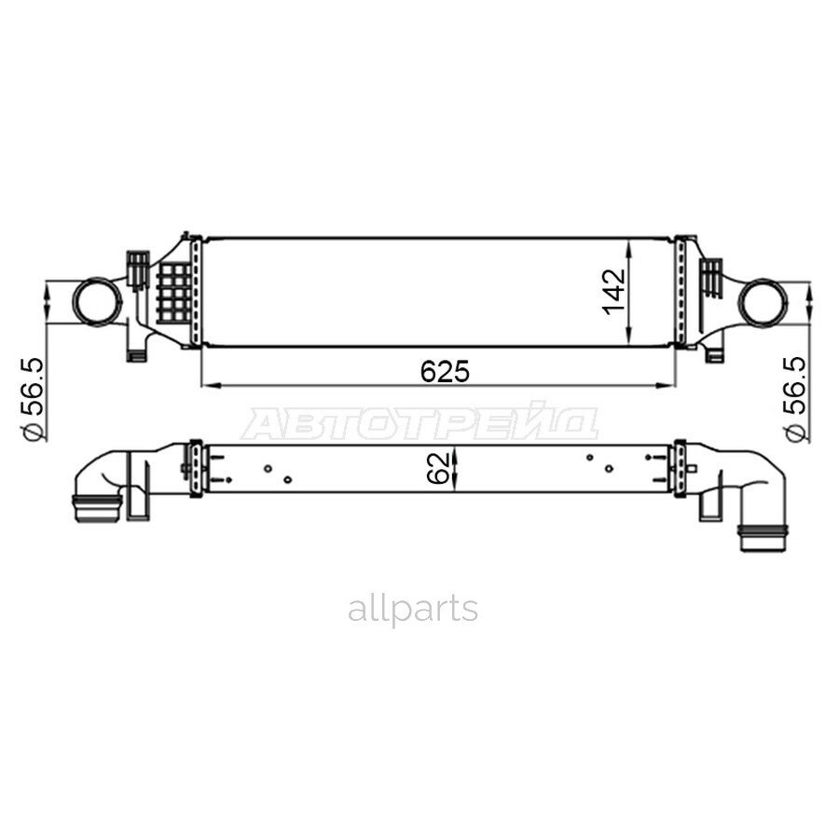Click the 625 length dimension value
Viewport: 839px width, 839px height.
pyautogui.click(x=445, y=371)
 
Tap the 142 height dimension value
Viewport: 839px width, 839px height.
pyautogui.click(x=613, y=292)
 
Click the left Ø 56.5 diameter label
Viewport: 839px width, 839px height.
pyautogui.click(x=33, y=398)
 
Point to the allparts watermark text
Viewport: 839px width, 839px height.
pyautogui.click(x=413, y=610)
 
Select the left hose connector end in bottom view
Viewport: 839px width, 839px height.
pyautogui.click(x=97, y=508)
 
